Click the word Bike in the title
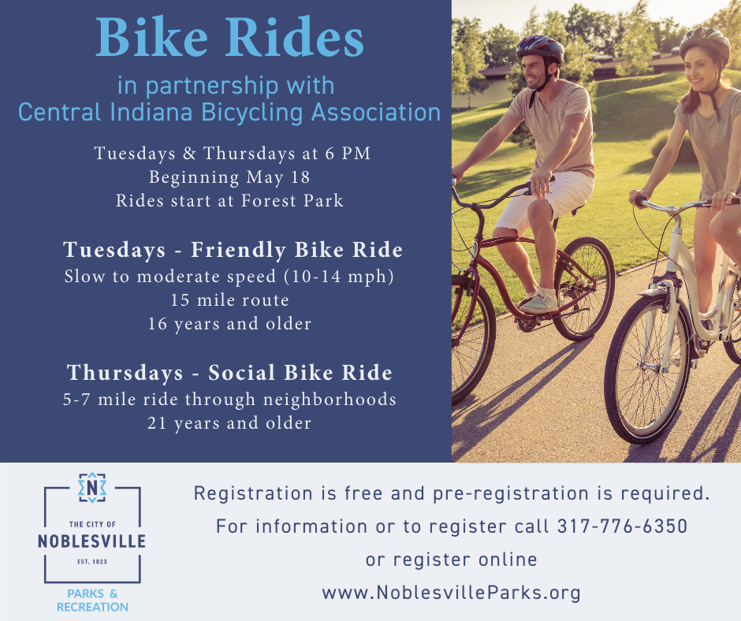151,37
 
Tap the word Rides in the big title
294,37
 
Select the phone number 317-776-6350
623,526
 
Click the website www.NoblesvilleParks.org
452,592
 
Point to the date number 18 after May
300,177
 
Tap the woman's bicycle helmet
705,41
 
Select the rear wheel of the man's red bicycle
583,288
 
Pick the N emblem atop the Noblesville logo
92,488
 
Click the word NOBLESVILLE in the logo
91,541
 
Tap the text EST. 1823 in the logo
92,562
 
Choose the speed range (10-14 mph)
339,277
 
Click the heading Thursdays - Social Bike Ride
229,373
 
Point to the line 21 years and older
229,423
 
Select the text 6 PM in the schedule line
348,154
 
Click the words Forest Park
292,201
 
